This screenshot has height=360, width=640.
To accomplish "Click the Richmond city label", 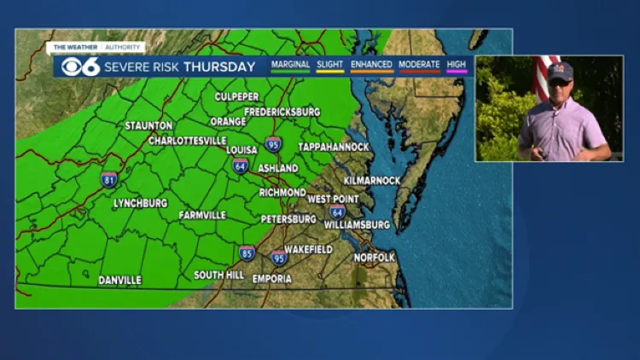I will [x=282, y=193].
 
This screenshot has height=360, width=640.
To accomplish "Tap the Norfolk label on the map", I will [x=375, y=258].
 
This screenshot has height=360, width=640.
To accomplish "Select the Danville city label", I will [x=119, y=280].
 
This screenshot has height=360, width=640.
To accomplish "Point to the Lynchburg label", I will [x=140, y=204].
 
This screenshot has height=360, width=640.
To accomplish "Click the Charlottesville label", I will [x=187, y=141].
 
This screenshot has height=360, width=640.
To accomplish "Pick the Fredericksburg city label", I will [x=282, y=112].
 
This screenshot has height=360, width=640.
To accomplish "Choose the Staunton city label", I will [x=148, y=125].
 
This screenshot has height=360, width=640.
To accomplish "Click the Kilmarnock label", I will [x=371, y=181].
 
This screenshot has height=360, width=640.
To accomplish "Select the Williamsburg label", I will [x=357, y=225].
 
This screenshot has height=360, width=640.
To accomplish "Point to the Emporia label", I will [x=271, y=279].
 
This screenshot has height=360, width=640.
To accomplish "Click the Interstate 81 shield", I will [x=108, y=179].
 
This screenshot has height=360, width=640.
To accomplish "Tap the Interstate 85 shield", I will [x=247, y=253].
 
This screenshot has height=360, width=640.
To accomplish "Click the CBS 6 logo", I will [x=80, y=67].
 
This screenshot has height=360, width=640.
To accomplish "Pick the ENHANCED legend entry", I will [x=370, y=65].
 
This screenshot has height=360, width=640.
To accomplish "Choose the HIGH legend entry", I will [x=457, y=65].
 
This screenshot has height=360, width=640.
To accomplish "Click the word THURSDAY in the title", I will [x=219, y=67].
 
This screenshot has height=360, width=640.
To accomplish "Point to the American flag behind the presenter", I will [x=542, y=75].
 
